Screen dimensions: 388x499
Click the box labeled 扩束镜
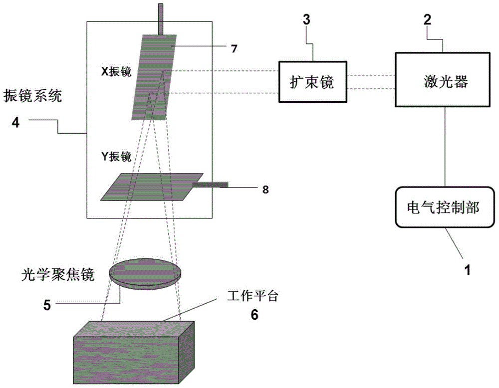pos(312,82)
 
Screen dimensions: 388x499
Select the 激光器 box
pos(443,79)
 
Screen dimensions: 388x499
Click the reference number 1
pos(467,271)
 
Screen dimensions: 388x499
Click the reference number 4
pos(15,122)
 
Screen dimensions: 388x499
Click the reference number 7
pos(234,48)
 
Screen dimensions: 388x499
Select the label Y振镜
pos(116,157)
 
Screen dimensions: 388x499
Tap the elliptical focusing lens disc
pos(145,273)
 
